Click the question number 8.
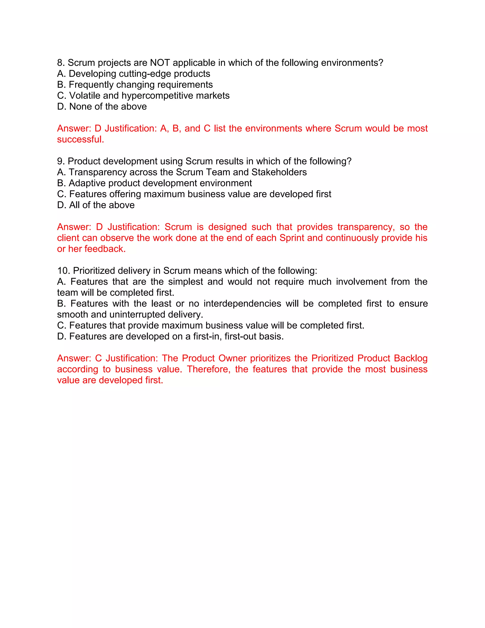coord(61,63)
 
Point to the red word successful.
coord(80,139)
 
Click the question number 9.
coord(61,161)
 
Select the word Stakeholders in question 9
coord(279,172)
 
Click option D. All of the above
coord(96,205)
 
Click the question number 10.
coord(63,271)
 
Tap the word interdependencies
coord(242,304)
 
